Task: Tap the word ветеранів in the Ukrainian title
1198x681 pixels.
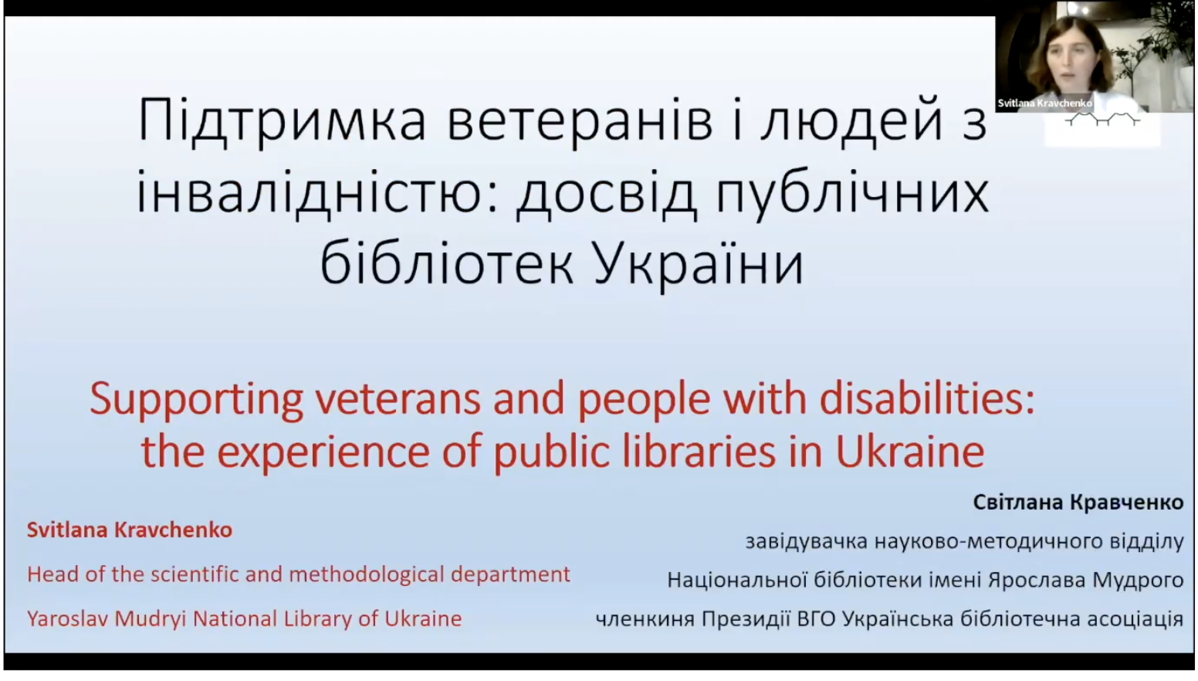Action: [580, 121]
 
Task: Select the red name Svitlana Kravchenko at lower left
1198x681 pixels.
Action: [130, 530]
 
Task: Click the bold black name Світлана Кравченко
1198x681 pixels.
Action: [1078, 502]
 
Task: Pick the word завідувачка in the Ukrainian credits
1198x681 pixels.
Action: [807, 541]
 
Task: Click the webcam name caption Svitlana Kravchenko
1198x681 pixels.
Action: [1044, 103]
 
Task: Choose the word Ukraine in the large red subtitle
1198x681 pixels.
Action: [910, 450]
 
